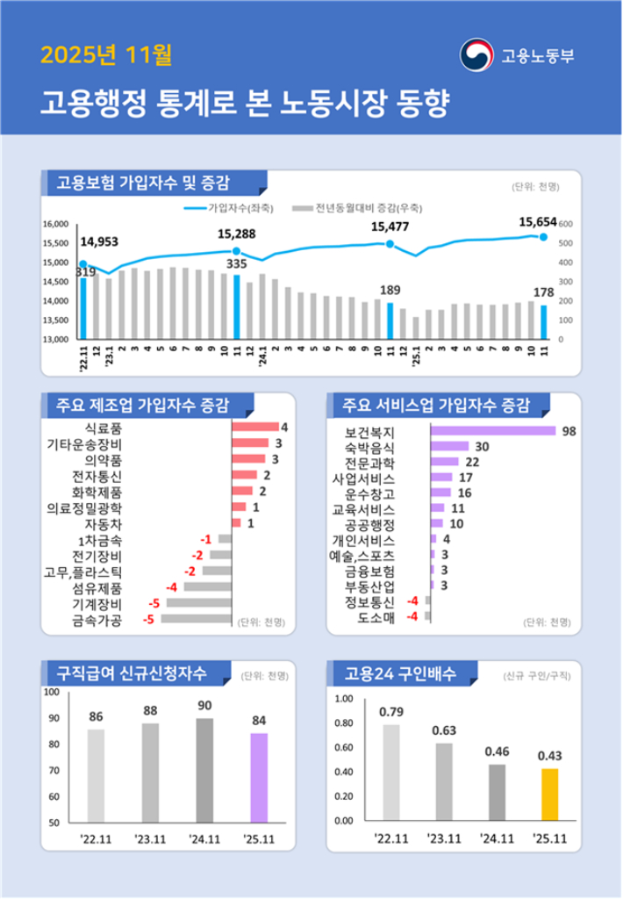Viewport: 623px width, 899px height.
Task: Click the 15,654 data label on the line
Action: coord(537,223)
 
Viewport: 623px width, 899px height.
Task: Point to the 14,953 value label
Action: coord(99,241)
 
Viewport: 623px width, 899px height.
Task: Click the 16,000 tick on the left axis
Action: coord(54,225)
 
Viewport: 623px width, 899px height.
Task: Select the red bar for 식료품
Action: coord(254,428)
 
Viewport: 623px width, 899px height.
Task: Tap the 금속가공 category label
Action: coord(96,620)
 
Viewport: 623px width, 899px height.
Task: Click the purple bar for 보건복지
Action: coord(492,430)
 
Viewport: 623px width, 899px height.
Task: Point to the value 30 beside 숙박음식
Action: coord(482,446)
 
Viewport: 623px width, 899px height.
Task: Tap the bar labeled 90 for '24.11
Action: coord(204,770)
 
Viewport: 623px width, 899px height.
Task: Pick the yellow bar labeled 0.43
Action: coord(549,794)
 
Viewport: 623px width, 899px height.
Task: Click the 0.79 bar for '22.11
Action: coord(390,773)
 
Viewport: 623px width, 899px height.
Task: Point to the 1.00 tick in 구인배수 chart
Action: coord(343,699)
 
